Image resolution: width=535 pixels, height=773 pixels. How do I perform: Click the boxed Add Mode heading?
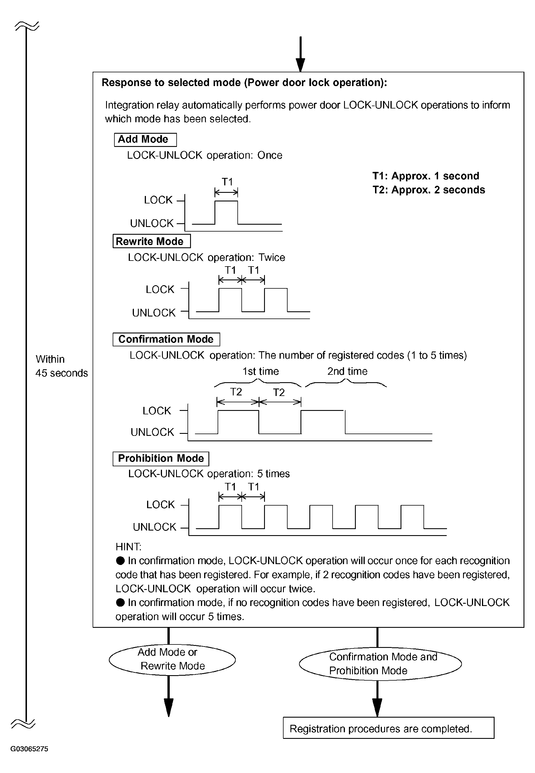145,139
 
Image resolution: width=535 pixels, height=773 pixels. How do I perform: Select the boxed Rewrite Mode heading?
151,241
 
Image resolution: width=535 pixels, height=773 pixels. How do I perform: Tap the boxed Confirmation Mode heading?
166,339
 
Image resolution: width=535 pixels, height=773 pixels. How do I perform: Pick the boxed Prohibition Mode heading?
161,459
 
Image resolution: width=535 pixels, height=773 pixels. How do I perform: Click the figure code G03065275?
30,749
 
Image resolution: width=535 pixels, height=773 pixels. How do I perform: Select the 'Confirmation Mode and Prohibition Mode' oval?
380,664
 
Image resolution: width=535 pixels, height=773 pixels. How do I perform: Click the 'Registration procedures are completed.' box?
388,728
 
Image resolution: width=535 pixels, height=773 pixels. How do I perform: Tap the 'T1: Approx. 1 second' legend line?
426,176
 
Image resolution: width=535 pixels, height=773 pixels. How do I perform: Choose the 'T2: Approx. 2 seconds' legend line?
429,190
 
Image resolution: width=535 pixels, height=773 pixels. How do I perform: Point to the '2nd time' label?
347,371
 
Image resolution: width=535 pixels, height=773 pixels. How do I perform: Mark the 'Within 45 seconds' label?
61,366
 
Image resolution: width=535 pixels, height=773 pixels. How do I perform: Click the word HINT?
128,547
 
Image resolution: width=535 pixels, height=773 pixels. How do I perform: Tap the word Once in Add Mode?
270,155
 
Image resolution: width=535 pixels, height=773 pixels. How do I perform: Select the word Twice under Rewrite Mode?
272,257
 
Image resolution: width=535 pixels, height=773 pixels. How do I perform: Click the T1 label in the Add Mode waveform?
227,182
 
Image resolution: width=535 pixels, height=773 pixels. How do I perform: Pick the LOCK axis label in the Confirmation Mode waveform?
157,411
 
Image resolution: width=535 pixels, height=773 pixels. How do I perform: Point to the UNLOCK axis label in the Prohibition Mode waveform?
155,527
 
